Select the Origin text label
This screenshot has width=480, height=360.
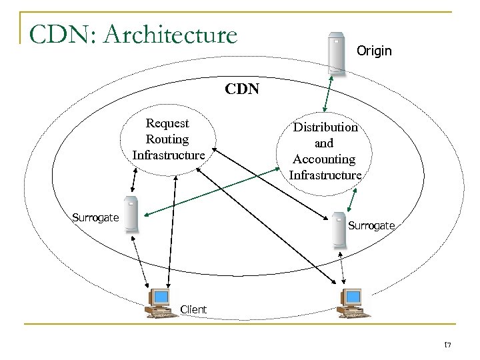coord(375,51)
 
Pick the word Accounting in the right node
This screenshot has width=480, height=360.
coord(325,159)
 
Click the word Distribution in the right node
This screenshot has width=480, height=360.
coord(325,127)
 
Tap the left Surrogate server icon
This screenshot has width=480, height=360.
coord(131,215)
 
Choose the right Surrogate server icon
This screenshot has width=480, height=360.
coord(338,229)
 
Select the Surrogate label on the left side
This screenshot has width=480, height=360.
coord(95,217)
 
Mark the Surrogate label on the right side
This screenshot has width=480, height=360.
coord(371,226)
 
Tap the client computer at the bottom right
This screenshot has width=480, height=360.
coord(349,303)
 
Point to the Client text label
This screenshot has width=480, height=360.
coord(193,309)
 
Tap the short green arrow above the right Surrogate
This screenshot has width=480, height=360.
coord(352,198)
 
